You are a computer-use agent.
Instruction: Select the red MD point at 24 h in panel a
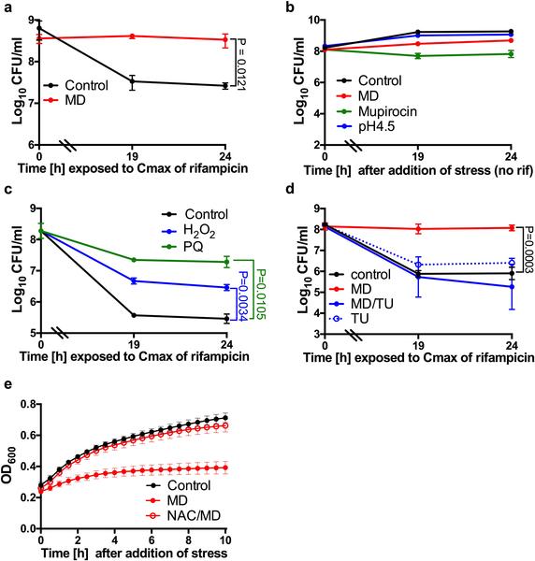(224, 40)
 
